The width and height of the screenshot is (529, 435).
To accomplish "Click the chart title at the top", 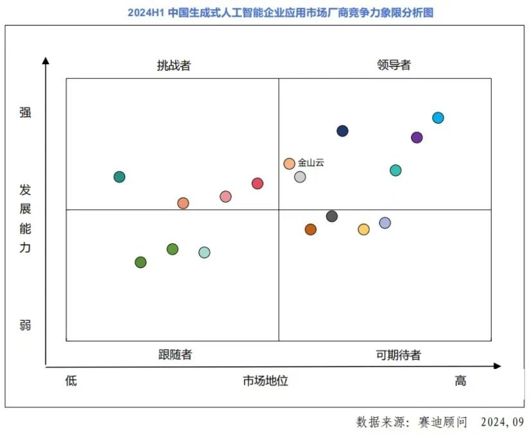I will click(x=280, y=12).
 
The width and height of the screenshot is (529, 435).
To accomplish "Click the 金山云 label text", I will click(x=311, y=163).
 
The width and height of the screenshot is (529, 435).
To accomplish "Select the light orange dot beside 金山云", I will click(x=290, y=164).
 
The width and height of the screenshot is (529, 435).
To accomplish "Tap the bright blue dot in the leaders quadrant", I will click(x=438, y=117).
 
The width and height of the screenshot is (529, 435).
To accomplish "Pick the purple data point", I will click(x=417, y=137).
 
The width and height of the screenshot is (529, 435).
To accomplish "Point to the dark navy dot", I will click(x=342, y=131).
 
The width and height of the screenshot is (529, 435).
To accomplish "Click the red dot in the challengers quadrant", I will click(x=257, y=183).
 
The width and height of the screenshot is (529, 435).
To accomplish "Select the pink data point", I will click(x=225, y=196).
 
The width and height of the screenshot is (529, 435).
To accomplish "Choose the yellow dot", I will click(x=363, y=229).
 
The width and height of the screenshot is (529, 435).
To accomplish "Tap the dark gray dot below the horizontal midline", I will click(x=332, y=216).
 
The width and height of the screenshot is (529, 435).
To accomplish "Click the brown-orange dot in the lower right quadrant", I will click(x=311, y=229).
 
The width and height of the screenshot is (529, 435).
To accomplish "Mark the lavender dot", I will click(x=385, y=223).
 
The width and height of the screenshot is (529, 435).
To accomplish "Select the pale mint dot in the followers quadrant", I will click(x=204, y=252).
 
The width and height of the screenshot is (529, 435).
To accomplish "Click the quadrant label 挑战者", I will click(x=173, y=65).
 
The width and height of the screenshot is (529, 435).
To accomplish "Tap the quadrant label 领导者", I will click(x=394, y=65).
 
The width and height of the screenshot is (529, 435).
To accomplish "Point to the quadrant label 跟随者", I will click(x=175, y=354).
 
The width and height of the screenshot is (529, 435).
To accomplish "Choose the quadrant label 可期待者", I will click(x=398, y=355).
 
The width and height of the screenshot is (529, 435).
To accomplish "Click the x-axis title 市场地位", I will click(x=265, y=380).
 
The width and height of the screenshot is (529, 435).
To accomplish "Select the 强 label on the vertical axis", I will click(x=25, y=112).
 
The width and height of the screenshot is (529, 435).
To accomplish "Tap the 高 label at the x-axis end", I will click(x=460, y=380).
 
